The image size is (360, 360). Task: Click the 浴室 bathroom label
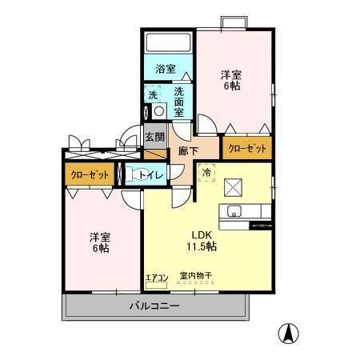tap(166, 70)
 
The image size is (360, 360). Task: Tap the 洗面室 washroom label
tap(180, 102)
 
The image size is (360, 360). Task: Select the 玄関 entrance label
tap(155, 137)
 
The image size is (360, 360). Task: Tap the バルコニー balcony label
tap(154, 306)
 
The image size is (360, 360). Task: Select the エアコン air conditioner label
tap(156, 278)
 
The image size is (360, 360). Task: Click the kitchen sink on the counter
tap(234, 211)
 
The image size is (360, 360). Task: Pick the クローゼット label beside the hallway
tap(246, 149)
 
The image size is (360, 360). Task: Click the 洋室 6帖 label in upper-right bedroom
tap(232, 81)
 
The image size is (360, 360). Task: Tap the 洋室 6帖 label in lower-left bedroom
tap(99, 242)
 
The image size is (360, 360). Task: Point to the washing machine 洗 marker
tap(152, 95)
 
